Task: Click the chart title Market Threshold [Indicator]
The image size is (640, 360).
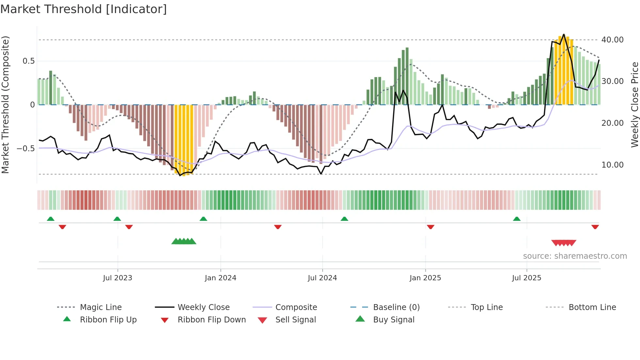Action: [x=84, y=9]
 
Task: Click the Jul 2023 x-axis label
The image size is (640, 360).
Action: [x=118, y=278]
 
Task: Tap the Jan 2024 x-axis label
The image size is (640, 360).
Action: [x=220, y=278]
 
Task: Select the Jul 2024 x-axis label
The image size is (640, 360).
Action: [x=322, y=278]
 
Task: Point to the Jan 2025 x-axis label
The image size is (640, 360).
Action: [x=425, y=278]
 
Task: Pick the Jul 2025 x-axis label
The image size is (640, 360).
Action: [x=526, y=278]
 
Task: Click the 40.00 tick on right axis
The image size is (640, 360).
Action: [x=612, y=40]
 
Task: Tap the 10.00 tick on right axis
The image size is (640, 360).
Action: [x=612, y=165]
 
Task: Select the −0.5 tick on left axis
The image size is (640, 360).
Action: [x=26, y=149]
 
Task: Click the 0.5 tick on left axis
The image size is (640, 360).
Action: [x=28, y=61]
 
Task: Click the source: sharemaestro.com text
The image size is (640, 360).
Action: [x=575, y=256]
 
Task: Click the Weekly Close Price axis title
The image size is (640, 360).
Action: [x=634, y=105]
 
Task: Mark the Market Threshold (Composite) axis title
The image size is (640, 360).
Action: [x=5, y=105]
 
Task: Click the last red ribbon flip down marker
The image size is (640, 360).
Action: [x=595, y=227]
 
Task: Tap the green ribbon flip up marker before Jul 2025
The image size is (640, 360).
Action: [x=517, y=219]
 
